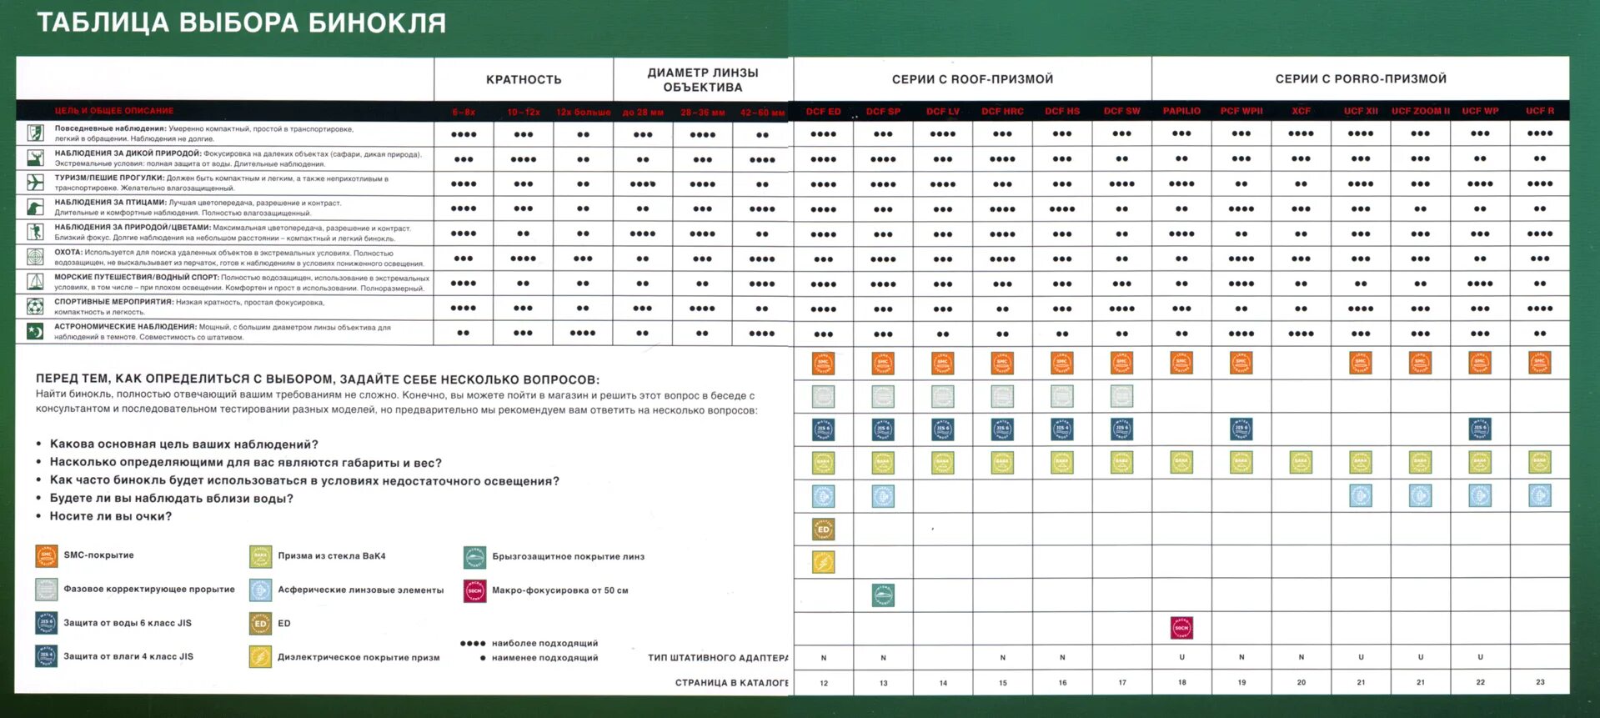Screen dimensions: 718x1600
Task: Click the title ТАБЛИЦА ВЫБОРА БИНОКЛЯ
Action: coord(241,23)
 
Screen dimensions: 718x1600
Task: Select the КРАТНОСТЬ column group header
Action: coord(524,80)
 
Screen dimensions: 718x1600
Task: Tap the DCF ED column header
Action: coord(823,111)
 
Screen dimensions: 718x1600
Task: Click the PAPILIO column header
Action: coord(1181,111)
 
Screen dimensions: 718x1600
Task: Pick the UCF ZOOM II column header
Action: coord(1420,111)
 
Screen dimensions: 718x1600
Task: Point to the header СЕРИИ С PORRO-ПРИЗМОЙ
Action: coord(1361,79)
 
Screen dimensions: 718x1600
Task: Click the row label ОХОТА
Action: coord(68,253)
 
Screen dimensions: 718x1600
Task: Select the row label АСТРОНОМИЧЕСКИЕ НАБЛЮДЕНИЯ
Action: coord(125,327)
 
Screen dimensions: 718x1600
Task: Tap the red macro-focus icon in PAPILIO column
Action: coord(1181,627)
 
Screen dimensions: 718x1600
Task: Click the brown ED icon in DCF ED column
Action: coord(823,529)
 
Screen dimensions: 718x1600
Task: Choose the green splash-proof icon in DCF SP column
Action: coord(883,595)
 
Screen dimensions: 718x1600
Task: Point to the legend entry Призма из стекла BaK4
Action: coord(331,556)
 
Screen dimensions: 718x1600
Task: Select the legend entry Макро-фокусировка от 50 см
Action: coord(559,590)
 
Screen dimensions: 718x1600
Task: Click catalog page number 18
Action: coord(1181,682)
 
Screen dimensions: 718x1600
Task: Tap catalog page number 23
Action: coord(1540,682)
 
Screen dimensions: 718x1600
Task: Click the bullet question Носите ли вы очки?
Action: coord(111,516)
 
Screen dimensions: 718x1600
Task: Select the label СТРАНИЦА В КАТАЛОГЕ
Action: coord(731,682)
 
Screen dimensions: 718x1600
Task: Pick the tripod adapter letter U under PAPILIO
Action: coord(1181,657)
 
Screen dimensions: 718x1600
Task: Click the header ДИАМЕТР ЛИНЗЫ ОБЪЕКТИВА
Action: coord(703,80)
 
